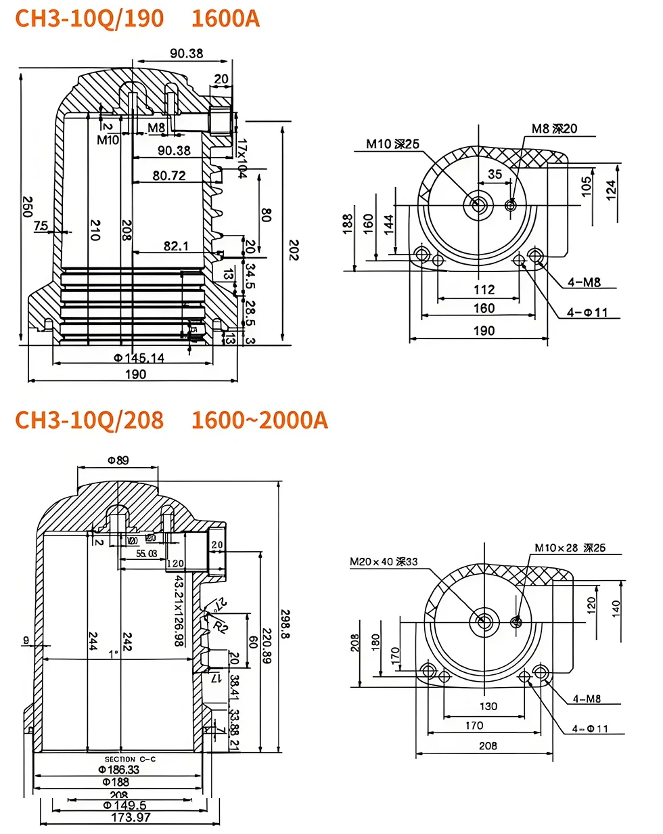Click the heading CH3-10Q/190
point(89,18)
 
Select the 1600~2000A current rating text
point(260,420)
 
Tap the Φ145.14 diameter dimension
point(139,357)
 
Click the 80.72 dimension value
point(169,176)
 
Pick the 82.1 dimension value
point(176,246)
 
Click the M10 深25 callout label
point(393,144)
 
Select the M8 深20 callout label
point(554,129)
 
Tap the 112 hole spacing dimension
point(484,290)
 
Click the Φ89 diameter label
point(118,460)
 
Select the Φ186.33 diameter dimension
point(119,770)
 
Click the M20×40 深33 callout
point(384,561)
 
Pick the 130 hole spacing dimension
point(487,706)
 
